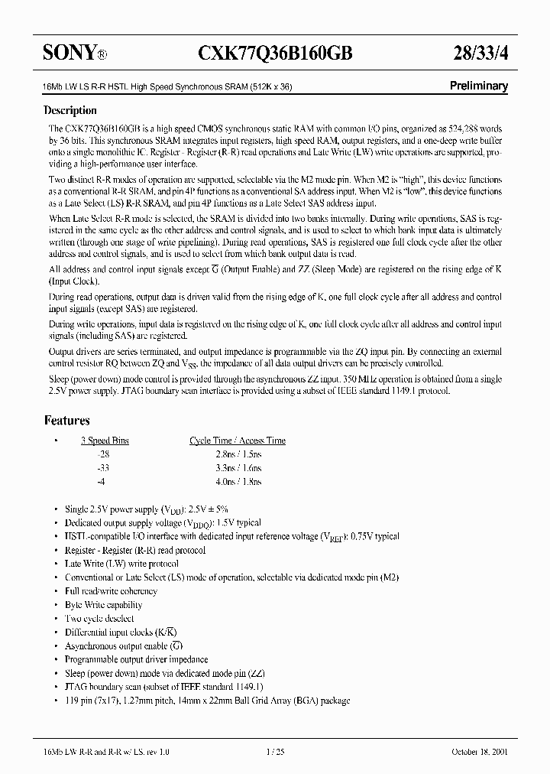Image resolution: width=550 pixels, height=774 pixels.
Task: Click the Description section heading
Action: [70, 110]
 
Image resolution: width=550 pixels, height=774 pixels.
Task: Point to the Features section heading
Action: [67, 420]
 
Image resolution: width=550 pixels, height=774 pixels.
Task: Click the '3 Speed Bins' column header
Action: [105, 441]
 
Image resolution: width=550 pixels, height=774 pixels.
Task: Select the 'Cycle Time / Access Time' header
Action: [238, 441]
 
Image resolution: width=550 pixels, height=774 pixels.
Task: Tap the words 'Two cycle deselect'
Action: [99, 618]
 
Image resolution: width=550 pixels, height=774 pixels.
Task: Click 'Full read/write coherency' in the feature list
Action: [111, 591]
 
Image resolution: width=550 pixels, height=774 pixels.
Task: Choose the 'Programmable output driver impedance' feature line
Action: [136, 659]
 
